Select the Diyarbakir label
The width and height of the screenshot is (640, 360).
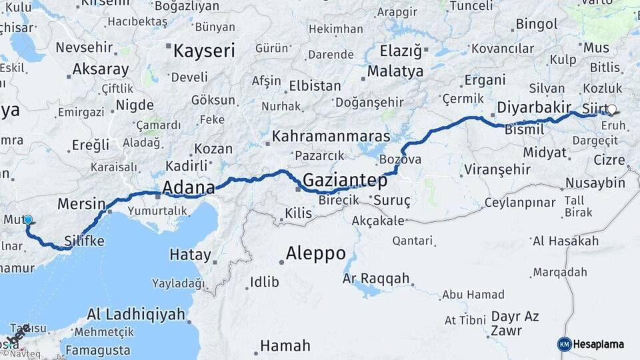[x=533, y=107]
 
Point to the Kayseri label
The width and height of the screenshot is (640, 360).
[x=205, y=51]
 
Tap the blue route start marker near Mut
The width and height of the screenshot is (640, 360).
[x=28, y=219]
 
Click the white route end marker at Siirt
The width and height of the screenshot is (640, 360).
[x=611, y=111]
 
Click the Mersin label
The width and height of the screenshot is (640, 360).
[x=82, y=203]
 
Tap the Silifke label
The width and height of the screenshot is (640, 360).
[x=85, y=241]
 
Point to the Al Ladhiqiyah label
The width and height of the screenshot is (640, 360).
[x=136, y=314]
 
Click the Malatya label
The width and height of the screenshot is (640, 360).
[x=395, y=71]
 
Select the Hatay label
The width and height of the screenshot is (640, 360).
[x=190, y=255]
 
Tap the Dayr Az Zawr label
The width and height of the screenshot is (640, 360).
[x=515, y=323]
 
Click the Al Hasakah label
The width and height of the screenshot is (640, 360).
[x=565, y=241]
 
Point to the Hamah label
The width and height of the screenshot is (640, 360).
[x=285, y=345]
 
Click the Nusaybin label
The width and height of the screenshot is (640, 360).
[x=595, y=183]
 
